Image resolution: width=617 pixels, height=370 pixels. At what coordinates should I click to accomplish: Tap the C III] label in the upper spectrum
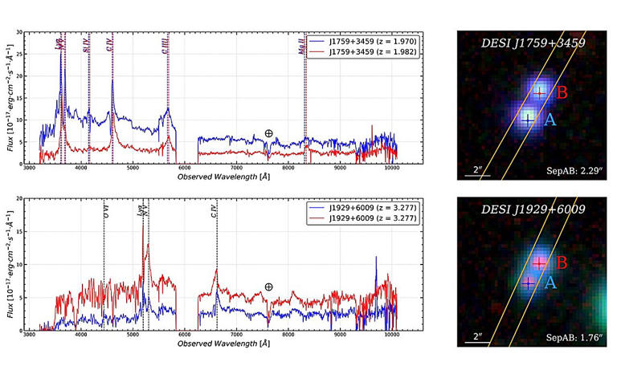[165, 48]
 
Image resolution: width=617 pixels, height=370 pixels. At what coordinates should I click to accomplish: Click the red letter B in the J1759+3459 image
[562, 93]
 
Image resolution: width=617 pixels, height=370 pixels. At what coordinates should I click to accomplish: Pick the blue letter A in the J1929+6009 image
[550, 283]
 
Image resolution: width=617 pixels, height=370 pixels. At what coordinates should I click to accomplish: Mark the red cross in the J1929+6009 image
[539, 262]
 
